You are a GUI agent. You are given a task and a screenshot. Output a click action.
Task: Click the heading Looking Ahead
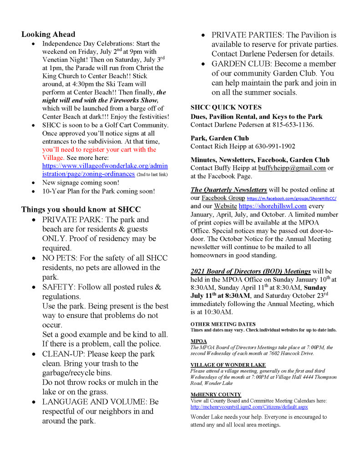(x=48, y=34)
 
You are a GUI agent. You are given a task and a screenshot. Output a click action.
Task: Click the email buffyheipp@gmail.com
(x=292, y=168)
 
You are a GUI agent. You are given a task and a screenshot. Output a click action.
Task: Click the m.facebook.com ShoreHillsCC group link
(x=291, y=199)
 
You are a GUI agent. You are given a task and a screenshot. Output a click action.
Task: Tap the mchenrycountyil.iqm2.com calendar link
(x=249, y=407)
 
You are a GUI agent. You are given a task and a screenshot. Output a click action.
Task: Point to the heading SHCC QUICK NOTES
(x=226, y=108)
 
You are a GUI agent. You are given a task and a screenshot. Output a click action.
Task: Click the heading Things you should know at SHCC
(x=81, y=210)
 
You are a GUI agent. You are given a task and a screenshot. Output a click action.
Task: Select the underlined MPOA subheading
(x=198, y=341)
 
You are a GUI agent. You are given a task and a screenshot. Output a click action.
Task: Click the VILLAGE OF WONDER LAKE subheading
(x=228, y=365)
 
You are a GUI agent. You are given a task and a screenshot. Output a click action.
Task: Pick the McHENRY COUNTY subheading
(x=216, y=394)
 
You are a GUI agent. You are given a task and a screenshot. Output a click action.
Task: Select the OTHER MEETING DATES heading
(x=223, y=324)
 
